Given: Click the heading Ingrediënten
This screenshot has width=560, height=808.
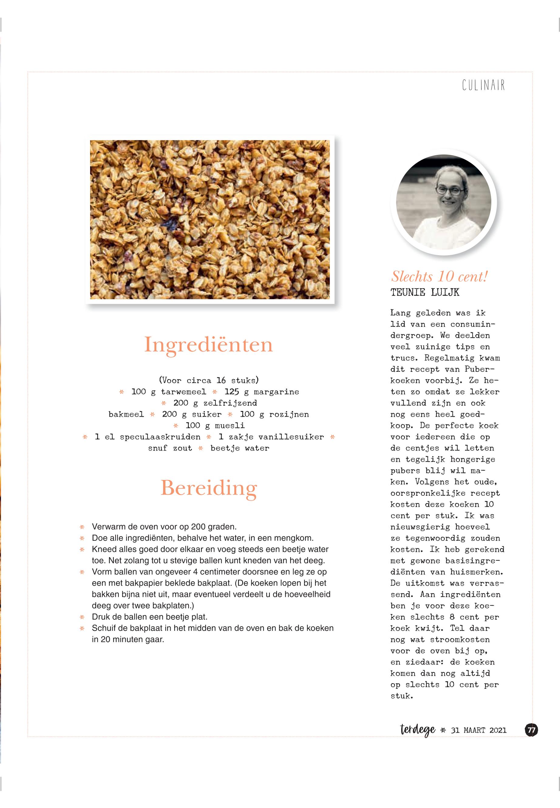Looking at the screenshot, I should pyautogui.click(x=209, y=344).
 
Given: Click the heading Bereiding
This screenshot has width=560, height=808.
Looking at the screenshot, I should pyautogui.click(x=209, y=488).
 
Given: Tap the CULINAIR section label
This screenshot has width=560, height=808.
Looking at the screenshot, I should pyautogui.click(x=483, y=85).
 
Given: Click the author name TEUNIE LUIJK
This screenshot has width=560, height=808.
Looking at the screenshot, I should pyautogui.click(x=425, y=293).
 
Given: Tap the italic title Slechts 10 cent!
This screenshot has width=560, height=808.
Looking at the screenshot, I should pyautogui.click(x=439, y=277).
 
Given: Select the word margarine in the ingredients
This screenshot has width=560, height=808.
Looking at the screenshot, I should pyautogui.click(x=276, y=392).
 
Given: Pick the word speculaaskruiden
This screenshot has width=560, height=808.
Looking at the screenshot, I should pyautogui.click(x=160, y=437).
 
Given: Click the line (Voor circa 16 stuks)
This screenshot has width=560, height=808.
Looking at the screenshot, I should pyautogui.click(x=209, y=380).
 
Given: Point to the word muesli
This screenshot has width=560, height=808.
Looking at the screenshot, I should pyautogui.click(x=229, y=426).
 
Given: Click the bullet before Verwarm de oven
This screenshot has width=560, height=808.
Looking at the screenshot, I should pyautogui.click(x=83, y=527).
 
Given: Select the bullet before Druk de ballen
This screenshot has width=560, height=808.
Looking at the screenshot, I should pyautogui.click(x=83, y=617).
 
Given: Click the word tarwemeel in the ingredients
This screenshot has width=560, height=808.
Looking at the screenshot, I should pyautogui.click(x=184, y=392).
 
